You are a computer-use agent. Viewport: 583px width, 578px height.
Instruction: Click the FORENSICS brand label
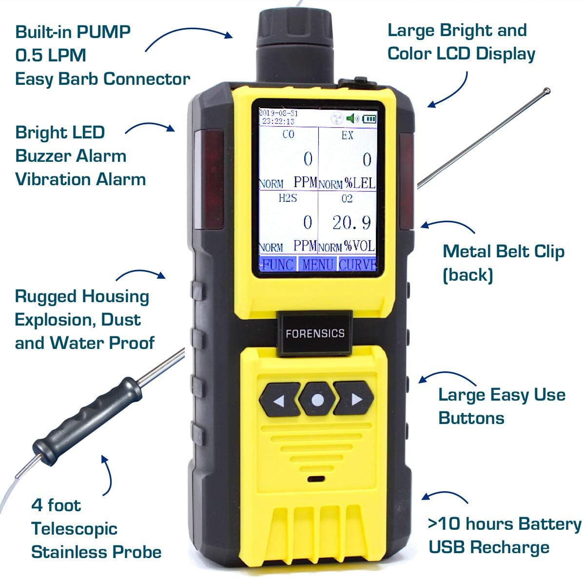tap(315, 334)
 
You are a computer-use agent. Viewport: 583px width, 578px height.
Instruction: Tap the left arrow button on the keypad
tap(279, 400)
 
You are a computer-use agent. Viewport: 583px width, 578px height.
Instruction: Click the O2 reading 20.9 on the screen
tap(351, 222)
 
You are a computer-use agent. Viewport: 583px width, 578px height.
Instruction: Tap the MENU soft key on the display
tap(317, 264)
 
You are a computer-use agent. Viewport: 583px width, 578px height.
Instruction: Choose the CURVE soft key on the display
tap(357, 264)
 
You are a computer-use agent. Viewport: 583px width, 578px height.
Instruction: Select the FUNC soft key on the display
tap(277, 264)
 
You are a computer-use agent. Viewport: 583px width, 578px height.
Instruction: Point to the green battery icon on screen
tap(369, 118)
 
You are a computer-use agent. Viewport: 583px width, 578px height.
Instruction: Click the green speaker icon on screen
tap(352, 118)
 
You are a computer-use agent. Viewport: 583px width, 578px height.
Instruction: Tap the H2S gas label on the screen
tap(288, 198)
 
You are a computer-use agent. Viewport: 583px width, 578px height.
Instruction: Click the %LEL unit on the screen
tap(360, 183)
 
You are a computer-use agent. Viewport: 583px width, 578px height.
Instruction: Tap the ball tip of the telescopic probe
tap(546, 90)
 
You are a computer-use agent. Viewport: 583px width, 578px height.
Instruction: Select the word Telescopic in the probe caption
tap(74, 528)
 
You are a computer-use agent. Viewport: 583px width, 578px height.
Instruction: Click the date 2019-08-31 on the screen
tap(278, 113)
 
